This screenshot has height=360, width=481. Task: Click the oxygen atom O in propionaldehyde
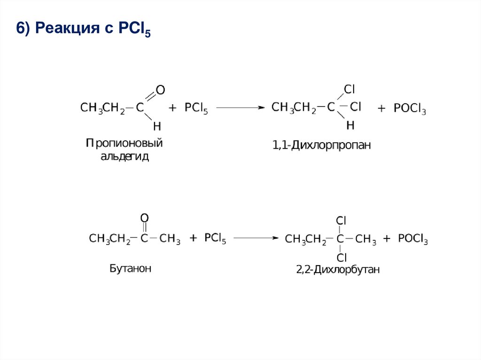click(x=161, y=89)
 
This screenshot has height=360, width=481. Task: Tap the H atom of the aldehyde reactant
click(x=157, y=126)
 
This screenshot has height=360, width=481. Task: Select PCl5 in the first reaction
click(x=196, y=108)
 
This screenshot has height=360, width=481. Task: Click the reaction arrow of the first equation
click(x=238, y=107)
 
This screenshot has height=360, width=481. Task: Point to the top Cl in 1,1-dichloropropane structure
click(x=349, y=89)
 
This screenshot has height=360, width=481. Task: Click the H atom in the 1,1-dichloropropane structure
click(x=350, y=125)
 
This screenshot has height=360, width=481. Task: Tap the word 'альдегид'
click(x=124, y=156)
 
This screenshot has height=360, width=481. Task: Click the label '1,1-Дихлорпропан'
click(x=322, y=146)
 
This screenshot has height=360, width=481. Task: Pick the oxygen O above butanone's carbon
click(x=144, y=218)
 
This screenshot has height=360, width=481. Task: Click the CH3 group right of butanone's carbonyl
click(x=170, y=239)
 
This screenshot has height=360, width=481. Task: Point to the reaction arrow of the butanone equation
click(x=256, y=238)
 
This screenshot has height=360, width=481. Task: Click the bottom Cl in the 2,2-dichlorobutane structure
click(x=341, y=257)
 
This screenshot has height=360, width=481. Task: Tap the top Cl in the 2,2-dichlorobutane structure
click(x=341, y=220)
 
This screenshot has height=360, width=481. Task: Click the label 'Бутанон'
click(x=130, y=269)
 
